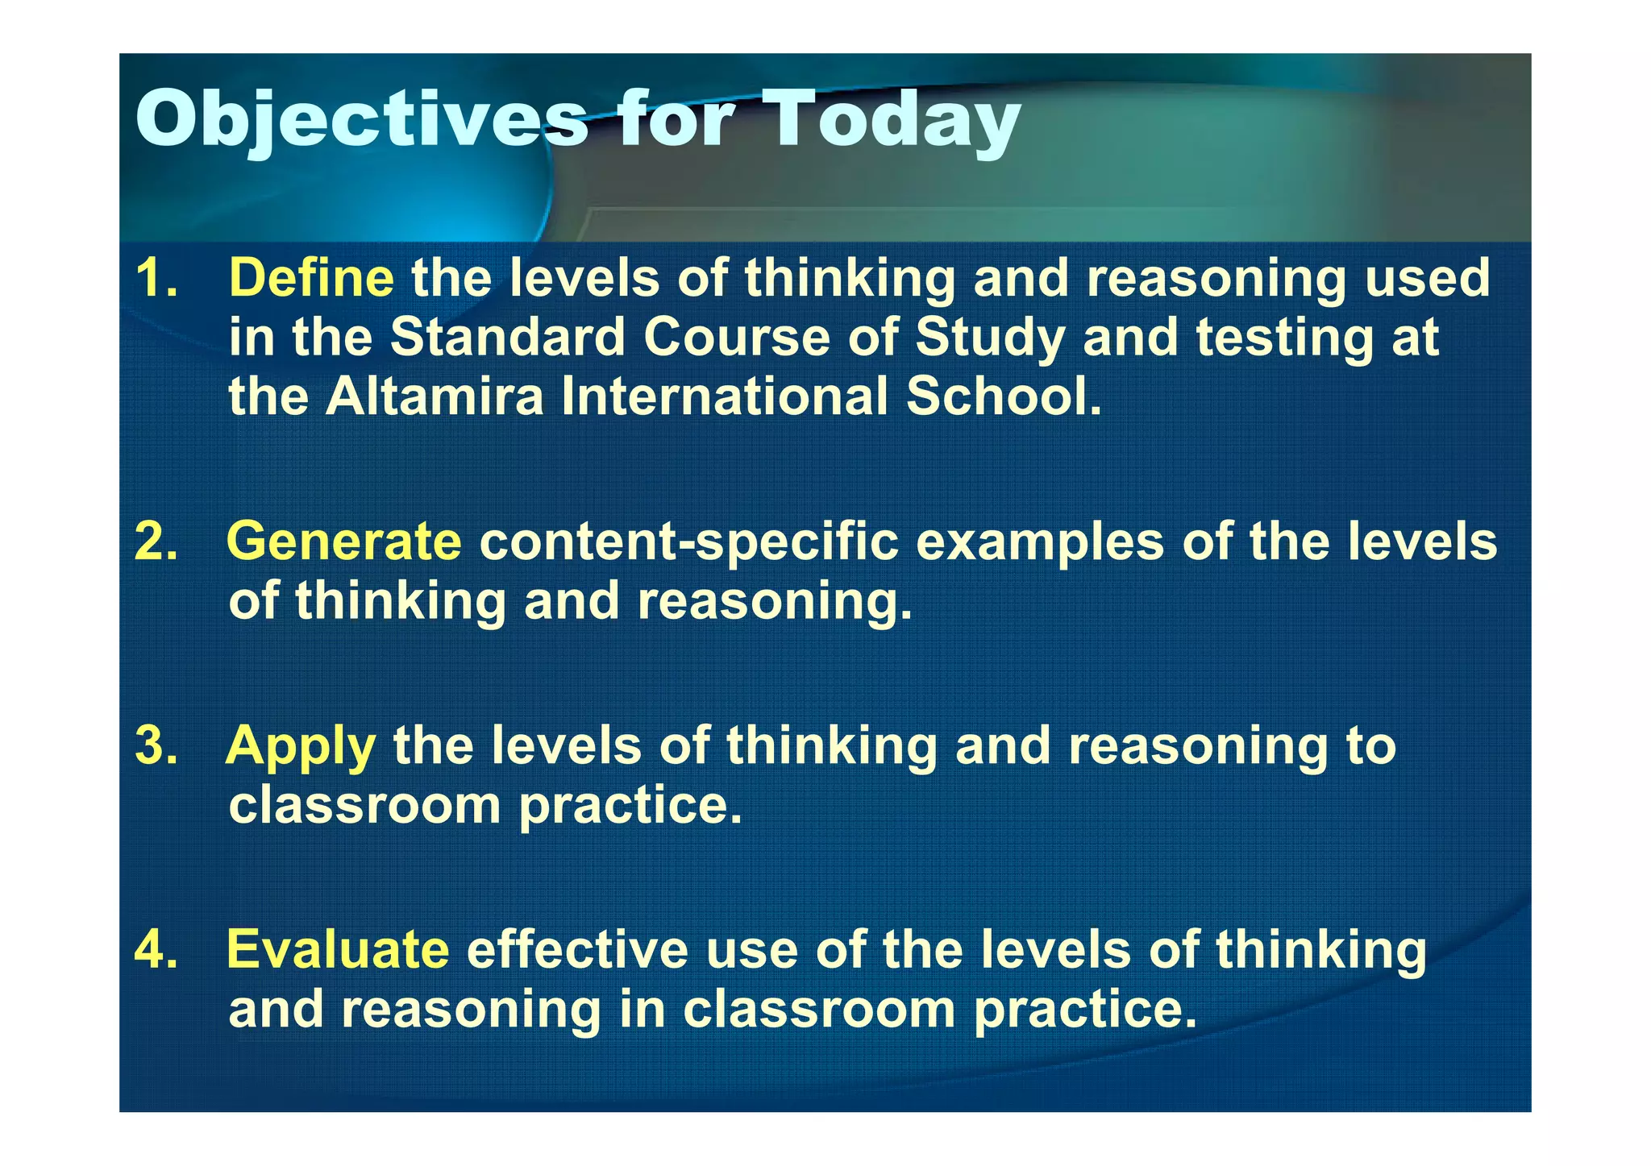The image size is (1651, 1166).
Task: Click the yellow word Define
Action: (311, 278)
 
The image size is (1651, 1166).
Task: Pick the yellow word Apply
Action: (301, 746)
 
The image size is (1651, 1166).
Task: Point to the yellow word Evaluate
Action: (338, 949)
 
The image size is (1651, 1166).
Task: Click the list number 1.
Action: (156, 278)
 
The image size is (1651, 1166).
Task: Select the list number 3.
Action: (156, 746)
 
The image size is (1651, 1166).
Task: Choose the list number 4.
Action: (156, 949)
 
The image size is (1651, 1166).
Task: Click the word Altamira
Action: (435, 396)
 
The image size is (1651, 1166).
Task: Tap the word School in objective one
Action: (1003, 396)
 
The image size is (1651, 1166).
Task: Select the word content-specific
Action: (688, 542)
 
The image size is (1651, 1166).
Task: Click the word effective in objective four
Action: (577, 949)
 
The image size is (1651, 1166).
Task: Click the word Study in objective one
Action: (989, 338)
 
